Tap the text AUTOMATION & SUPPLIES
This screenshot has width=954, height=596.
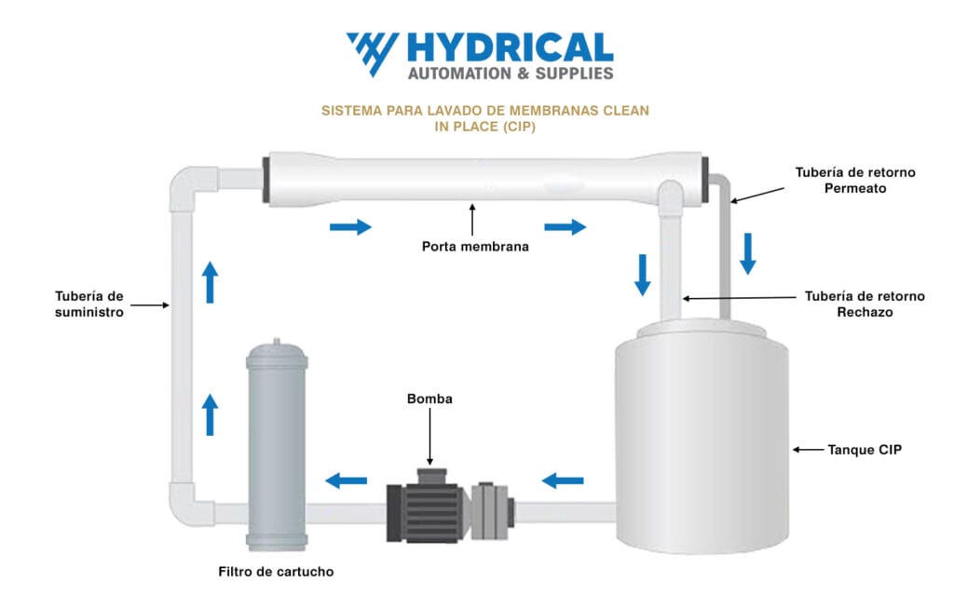511,73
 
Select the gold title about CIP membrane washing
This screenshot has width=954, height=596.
484,118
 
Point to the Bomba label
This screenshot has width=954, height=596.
429,399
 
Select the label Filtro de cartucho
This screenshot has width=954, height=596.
276,572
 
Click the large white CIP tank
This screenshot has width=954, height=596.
701,438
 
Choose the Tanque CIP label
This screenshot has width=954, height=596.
865,450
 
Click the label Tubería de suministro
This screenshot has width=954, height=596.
89,305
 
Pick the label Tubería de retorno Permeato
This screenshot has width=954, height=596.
854,180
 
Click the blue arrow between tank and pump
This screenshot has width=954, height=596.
563,481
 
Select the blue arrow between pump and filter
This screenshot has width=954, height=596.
346,481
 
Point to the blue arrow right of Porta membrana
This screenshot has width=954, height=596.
565,226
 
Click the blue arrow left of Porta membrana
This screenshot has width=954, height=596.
349,226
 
